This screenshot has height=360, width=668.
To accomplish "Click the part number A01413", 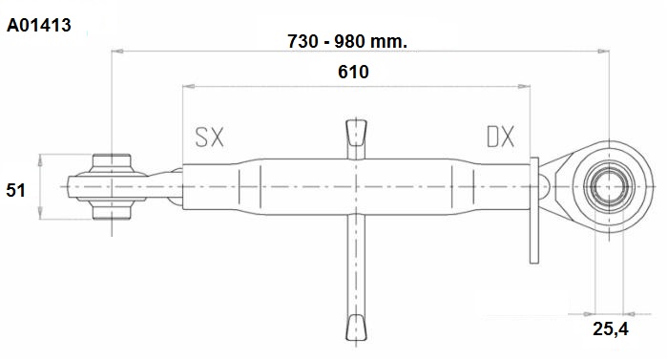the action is [39, 25].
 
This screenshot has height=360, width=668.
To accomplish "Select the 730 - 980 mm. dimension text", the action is [347, 41].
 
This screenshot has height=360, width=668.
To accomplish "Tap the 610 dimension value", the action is [353, 72].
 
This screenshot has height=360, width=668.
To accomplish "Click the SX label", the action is [209, 137].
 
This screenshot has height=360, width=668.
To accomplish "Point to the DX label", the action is [501, 137].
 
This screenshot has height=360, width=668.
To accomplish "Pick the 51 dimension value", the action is [16, 190].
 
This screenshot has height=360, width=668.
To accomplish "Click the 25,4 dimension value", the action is [611, 328].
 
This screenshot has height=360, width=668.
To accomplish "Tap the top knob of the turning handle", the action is [356, 133].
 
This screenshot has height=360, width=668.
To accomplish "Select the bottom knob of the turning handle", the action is [356, 328].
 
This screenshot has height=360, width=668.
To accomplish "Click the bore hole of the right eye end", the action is [610, 187].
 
